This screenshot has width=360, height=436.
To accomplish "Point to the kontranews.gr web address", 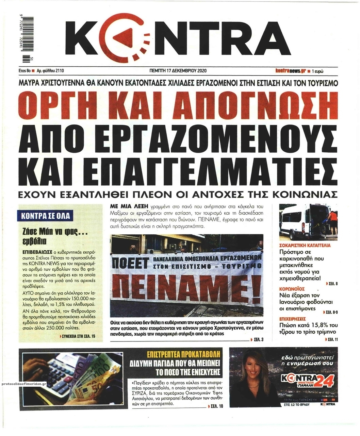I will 290,71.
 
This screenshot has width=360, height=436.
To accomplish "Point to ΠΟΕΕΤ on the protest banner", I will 131,264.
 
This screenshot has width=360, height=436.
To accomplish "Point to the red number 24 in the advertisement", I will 324,382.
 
